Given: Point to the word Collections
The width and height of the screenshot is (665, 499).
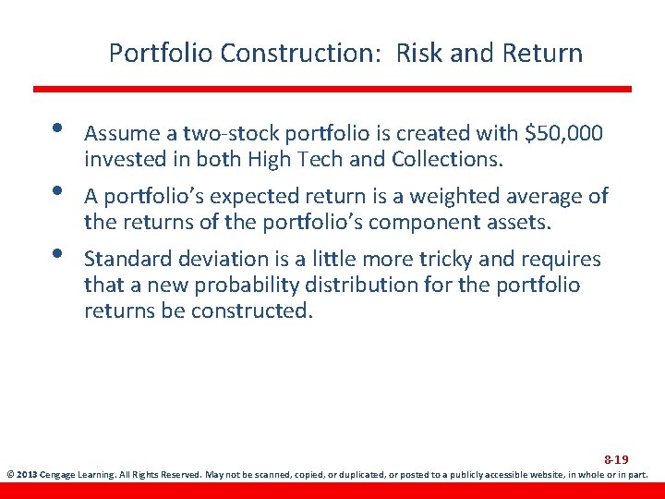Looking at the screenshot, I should [448, 159].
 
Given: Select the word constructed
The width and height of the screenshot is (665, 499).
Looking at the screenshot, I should [250, 310].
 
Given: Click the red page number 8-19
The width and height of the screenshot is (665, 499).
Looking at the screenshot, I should [616, 459].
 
